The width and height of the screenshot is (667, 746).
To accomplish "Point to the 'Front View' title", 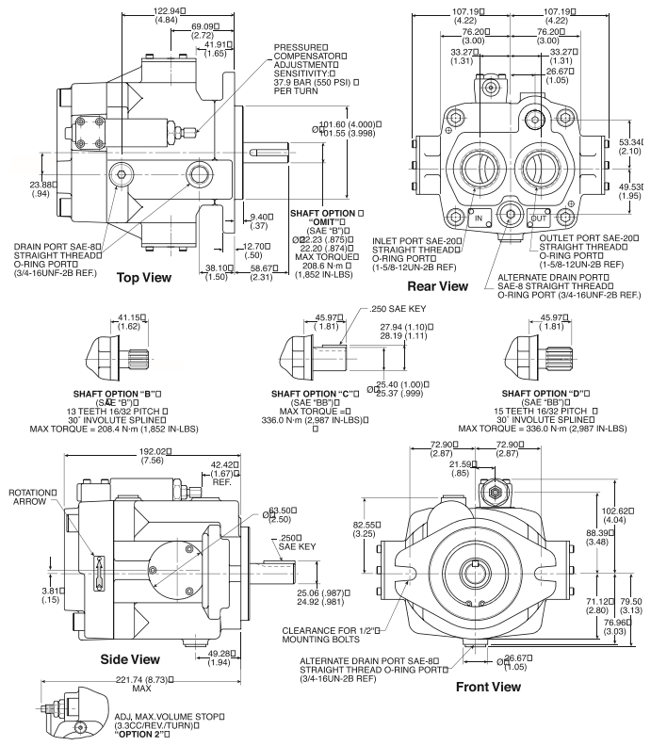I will pos(487,687).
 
